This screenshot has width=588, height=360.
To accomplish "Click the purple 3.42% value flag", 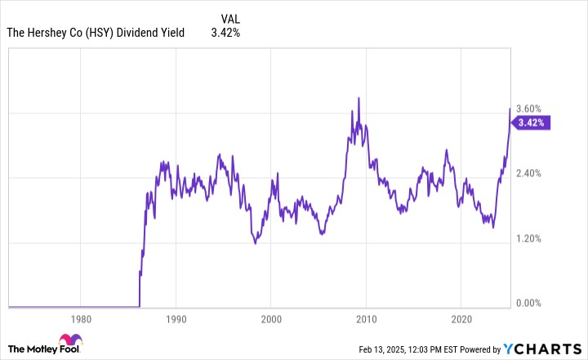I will click(x=531, y=123).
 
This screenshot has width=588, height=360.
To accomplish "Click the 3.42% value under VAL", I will click(x=225, y=33).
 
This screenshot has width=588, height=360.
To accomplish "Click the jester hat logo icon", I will click(x=69, y=344).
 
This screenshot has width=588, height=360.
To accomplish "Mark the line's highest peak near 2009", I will click(x=359, y=98).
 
